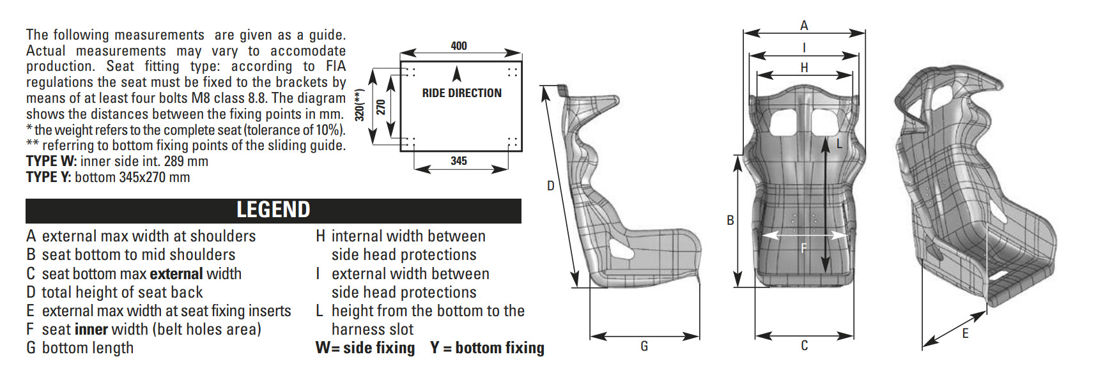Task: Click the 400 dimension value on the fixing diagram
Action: tap(458, 46)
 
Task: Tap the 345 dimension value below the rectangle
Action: tap(458, 161)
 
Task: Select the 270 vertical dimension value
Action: tap(381, 106)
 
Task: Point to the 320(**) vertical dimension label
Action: tap(360, 105)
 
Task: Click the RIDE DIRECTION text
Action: tap(461, 93)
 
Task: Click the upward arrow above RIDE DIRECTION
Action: tap(456, 73)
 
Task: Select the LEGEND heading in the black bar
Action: tap(273, 210)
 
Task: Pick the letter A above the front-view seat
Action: tap(804, 26)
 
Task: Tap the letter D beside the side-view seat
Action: tap(550, 186)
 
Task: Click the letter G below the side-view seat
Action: tap(644, 346)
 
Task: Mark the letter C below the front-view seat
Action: tap(804, 346)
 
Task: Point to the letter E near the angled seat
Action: tap(965, 333)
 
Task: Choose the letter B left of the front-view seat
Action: tap(730, 220)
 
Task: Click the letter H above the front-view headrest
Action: tap(804, 68)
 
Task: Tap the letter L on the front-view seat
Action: tap(839, 144)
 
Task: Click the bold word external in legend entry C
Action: tap(176, 274)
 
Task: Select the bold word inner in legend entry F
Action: tap(91, 330)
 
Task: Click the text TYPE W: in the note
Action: tap(51, 162)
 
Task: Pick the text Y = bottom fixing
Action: tap(487, 348)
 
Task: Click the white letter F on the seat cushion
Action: tap(804, 248)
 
